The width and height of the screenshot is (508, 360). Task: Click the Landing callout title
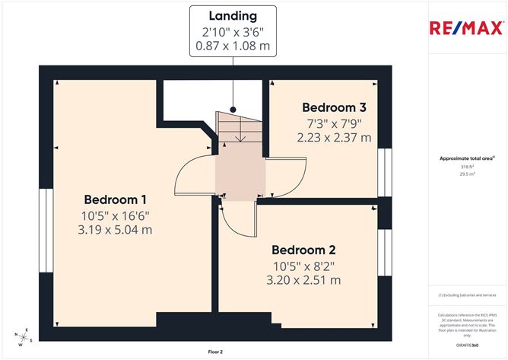(x=233, y=15)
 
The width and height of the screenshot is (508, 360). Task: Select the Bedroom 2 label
(x=303, y=249)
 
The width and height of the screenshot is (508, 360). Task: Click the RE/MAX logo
(x=466, y=29)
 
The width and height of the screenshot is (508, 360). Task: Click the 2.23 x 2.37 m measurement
(x=334, y=138)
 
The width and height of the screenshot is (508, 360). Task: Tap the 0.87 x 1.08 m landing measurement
(x=233, y=46)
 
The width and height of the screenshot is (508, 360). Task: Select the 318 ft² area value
(x=466, y=167)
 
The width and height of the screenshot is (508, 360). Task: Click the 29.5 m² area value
(x=466, y=174)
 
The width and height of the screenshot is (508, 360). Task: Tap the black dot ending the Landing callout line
(x=233, y=109)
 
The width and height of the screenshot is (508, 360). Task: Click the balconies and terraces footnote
(x=467, y=295)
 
